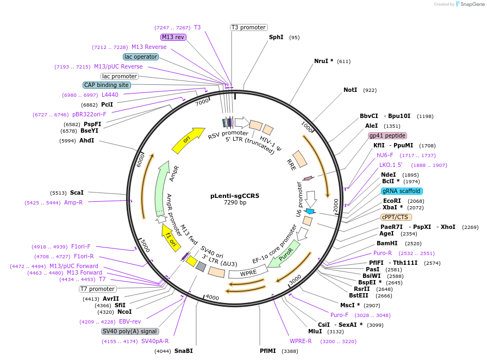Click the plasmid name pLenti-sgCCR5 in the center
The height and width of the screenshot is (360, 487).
pos(235,196)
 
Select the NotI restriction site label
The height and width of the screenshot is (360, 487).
pos(350,90)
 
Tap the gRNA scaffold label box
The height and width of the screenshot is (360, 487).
pos(402,191)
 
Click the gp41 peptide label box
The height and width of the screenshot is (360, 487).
pos(387,135)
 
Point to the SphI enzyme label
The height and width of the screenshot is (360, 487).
pos(276,38)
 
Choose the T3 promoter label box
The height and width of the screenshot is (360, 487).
pos(248,27)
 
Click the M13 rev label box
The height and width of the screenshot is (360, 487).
pos(173,37)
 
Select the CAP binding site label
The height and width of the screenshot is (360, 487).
pos(107,85)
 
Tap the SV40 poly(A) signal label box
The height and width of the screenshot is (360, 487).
pos(130,331)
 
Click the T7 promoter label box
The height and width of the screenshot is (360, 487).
pos(98,289)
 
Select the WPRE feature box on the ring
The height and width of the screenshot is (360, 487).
pos(248,272)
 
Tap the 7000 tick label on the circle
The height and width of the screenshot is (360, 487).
pos(202,102)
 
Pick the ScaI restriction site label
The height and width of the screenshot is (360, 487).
pos(77,193)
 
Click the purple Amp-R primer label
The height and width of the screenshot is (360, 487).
pos(74,202)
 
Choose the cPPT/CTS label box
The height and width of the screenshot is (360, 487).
pos(396,217)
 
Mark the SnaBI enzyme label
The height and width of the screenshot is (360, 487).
pos(183,351)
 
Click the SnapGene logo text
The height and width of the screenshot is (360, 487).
pos(470,4)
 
